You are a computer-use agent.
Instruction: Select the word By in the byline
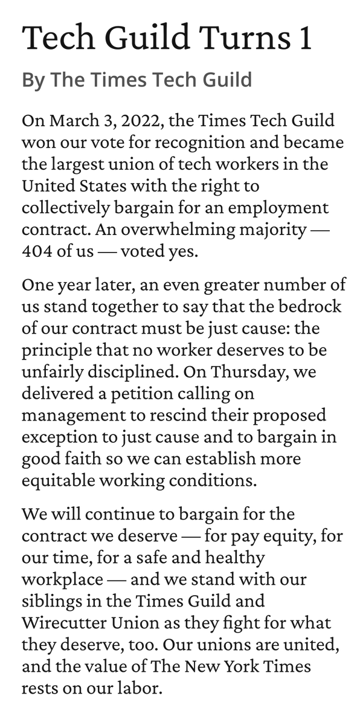[x=34, y=80]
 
